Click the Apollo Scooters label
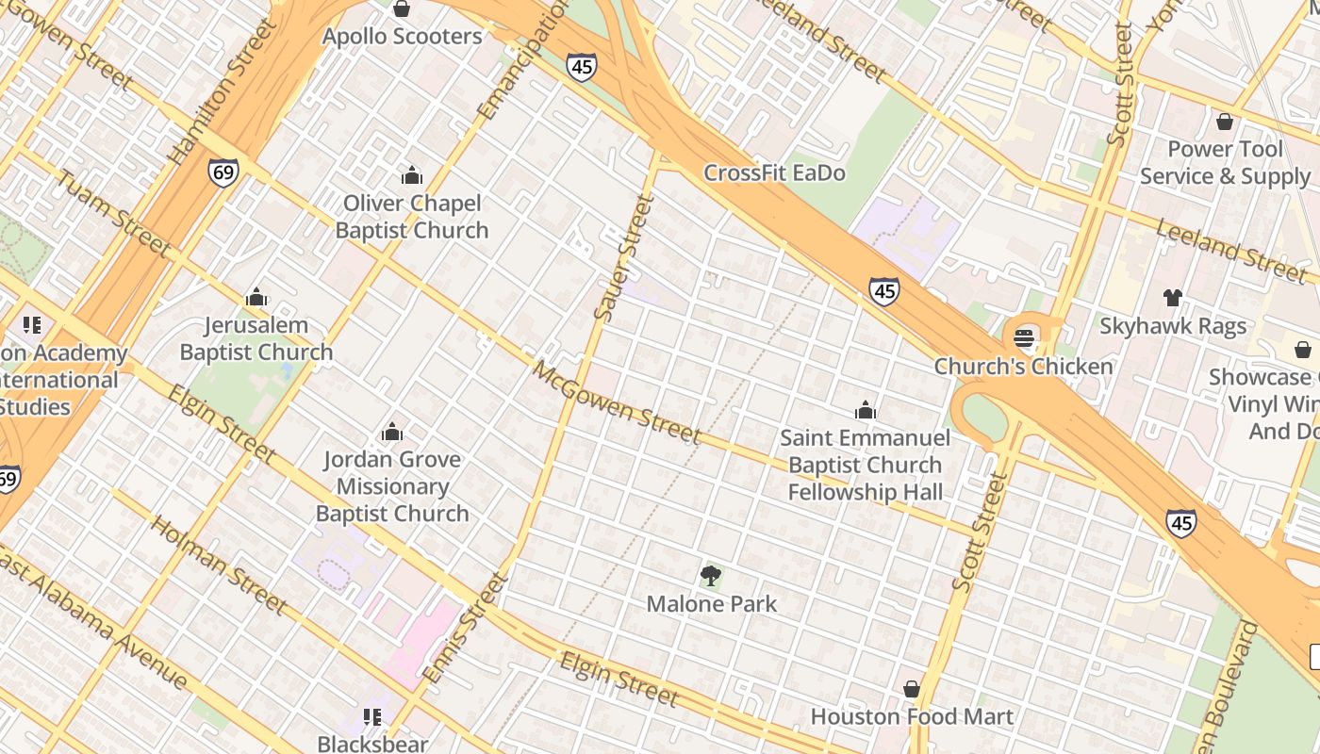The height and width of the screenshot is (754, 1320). click(x=402, y=37)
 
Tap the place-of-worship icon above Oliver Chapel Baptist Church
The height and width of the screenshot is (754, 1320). click(x=411, y=175)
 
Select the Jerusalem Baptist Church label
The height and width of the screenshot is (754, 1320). click(x=256, y=339)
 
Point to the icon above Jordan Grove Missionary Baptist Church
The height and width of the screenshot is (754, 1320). click(x=392, y=433)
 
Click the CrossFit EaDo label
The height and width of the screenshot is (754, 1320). click(x=774, y=173)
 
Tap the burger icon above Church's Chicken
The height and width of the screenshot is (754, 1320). click(x=1024, y=338)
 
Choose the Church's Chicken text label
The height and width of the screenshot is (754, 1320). click(x=1023, y=367)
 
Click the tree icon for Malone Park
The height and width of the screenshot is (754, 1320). click(x=711, y=575)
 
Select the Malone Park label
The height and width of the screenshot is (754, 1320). click(x=711, y=604)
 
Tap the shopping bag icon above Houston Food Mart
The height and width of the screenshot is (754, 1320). click(x=912, y=689)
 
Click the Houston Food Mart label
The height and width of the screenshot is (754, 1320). click(x=912, y=717)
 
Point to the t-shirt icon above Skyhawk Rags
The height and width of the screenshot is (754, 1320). click(x=1172, y=298)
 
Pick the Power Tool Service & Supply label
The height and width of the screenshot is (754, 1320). click(x=1225, y=163)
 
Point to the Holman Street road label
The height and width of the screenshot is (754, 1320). click(x=218, y=564)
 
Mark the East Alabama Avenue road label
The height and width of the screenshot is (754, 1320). click(x=93, y=616)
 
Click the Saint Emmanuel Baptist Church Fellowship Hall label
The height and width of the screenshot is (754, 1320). click(x=865, y=465)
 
